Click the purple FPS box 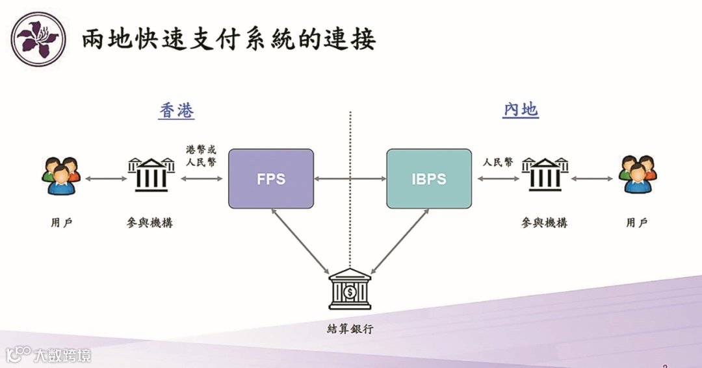271,178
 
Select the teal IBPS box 429,178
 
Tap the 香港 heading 176,111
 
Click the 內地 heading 521,110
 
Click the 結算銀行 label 350,328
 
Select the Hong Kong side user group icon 61,176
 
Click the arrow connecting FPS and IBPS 350,178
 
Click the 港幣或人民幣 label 201,155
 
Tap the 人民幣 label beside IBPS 497,162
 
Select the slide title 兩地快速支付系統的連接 229,40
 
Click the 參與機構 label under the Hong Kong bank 150,223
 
